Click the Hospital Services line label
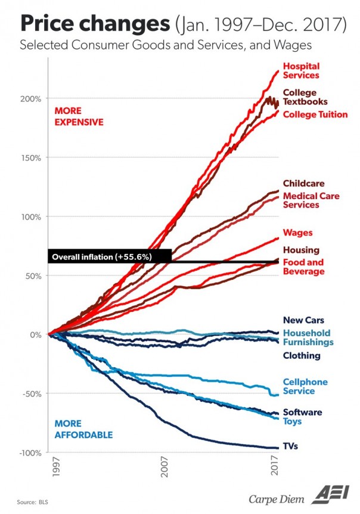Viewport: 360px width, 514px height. (301, 70)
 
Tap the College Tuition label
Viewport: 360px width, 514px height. (315, 114)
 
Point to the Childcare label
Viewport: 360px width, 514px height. (303, 184)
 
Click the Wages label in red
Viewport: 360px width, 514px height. (297, 233)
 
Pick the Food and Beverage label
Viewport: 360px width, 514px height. (303, 267)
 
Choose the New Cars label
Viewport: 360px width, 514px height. (303, 320)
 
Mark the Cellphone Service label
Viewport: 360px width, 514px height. (305, 386)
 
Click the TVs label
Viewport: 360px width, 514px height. (290, 445)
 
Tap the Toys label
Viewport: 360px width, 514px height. (292, 422)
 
